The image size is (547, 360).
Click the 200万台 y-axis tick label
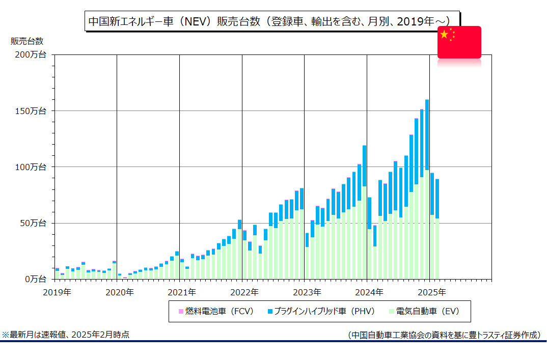click(x=31, y=55)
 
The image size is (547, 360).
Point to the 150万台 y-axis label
click(x=31, y=111)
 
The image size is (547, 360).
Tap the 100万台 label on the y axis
click(x=31, y=167)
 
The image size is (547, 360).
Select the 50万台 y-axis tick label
click(x=33, y=223)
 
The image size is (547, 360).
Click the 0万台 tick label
click(x=35, y=279)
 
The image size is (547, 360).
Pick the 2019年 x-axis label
click(x=57, y=292)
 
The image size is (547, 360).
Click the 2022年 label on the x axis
click(x=244, y=292)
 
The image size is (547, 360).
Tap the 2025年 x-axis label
click(x=432, y=292)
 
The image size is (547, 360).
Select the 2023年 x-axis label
click(x=307, y=292)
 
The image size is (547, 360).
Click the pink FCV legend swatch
click(x=181, y=311)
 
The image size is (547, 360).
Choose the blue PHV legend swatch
click(x=270, y=311)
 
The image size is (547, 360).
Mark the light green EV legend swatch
click(x=392, y=311)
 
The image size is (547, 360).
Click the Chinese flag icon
click(x=459, y=42)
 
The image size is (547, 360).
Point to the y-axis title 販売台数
click(x=27, y=41)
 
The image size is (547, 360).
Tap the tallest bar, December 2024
click(x=427, y=189)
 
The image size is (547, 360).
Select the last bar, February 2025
click(x=437, y=229)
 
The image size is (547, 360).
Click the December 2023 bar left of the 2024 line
click(x=365, y=212)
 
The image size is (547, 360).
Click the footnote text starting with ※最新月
click(x=66, y=335)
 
